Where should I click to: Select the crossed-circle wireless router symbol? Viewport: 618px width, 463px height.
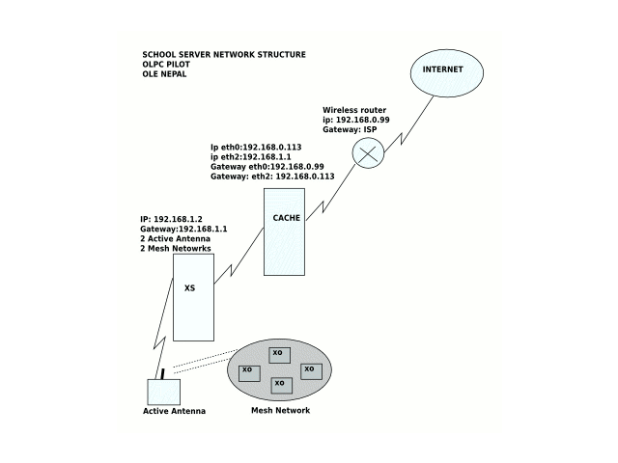point(367,153)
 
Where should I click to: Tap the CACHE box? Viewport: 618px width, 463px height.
point(286,231)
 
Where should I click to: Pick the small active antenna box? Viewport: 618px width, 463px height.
point(163,392)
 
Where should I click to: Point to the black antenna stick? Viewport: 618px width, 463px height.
point(163,372)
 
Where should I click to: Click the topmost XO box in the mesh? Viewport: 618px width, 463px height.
point(278,354)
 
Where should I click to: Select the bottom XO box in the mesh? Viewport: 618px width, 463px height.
point(280,385)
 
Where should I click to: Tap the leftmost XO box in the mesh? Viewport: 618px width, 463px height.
point(249,371)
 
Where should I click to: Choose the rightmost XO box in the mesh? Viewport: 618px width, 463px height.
point(310,370)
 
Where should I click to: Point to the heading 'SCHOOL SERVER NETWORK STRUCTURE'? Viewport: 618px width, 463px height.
point(223,54)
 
